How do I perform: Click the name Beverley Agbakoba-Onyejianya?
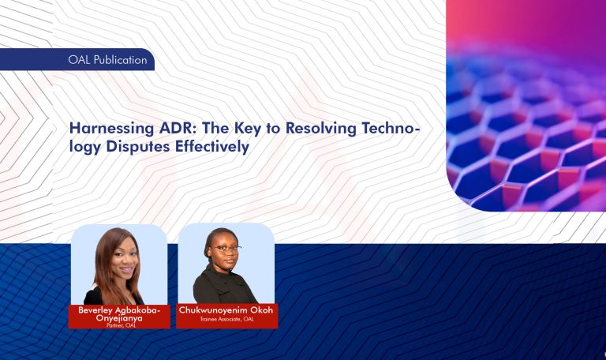click(119, 313)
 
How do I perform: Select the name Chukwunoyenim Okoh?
click(226, 309)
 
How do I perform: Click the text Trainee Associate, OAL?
click(226, 319)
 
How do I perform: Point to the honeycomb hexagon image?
click(525, 118)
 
